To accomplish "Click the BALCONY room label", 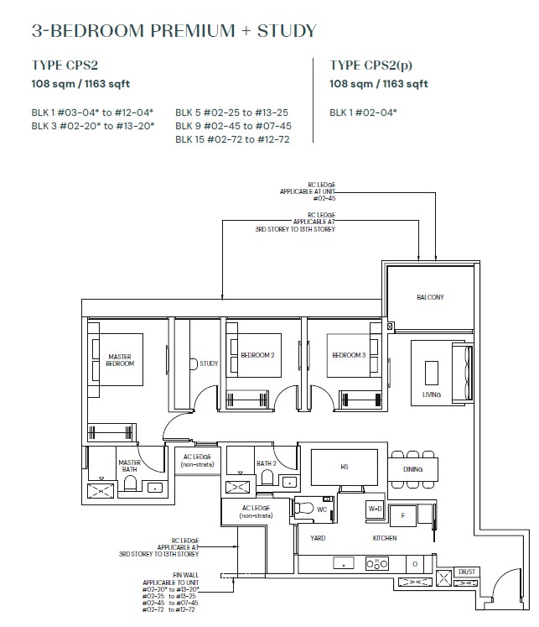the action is pos(430,297).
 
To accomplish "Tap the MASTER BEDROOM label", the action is pos(120,360).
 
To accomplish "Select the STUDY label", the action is pos(209,363).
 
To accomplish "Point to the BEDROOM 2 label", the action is pos(257,355).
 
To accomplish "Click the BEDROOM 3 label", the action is pos(349,355).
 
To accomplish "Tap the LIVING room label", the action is pos(432,394).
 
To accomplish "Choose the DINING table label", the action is pos(412,469).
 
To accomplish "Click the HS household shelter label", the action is pos(345,467).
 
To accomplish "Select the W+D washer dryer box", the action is pos(375,509).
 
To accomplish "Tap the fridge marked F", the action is pos(403,515).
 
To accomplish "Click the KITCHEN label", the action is pos(385,538).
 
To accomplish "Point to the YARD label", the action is pos(318,538).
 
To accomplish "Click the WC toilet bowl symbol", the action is pos(304,508).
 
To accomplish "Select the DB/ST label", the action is pos(467,572).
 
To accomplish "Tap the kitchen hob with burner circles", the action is pos(377,564).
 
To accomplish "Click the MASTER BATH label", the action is pos(129,466).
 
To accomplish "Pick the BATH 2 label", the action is pos(267,463).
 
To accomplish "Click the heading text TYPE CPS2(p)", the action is pos(371,65).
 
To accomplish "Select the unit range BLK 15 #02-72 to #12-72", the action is pos(232,139).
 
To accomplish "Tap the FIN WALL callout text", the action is pos(185,575).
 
